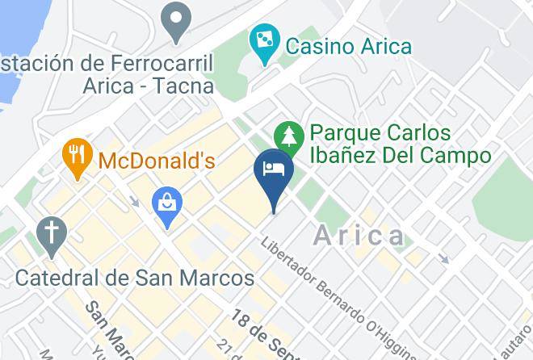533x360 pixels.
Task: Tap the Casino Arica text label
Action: pyautogui.click(x=347, y=45)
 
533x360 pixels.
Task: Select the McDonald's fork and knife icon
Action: pyautogui.click(x=78, y=157)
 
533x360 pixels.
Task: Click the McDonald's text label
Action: pyautogui.click(x=157, y=161)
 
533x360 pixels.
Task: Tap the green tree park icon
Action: pyautogui.click(x=288, y=135)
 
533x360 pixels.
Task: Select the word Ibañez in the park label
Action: pyautogui.click(x=350, y=156)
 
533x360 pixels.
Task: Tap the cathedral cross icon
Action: pyautogui.click(x=52, y=234)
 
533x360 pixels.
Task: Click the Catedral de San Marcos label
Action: pyautogui.click(x=135, y=278)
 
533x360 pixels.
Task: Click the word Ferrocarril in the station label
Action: pyautogui.click(x=169, y=63)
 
